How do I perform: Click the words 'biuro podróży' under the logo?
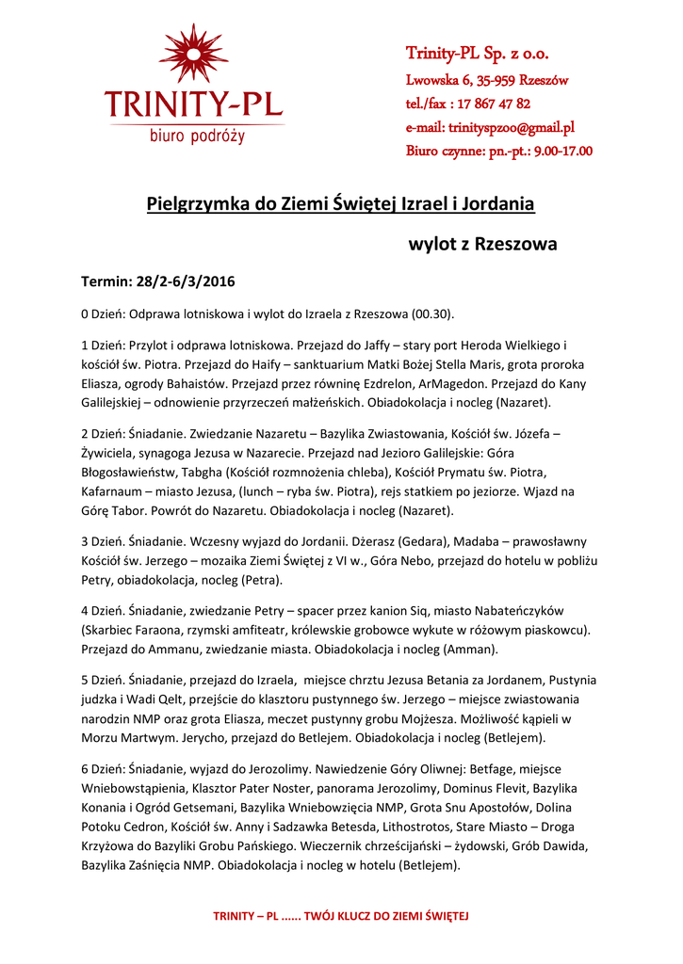197,136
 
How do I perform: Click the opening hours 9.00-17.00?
555,151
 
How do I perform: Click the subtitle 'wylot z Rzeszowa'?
481,244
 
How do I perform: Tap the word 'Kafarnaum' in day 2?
116,491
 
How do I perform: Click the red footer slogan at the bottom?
341,915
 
